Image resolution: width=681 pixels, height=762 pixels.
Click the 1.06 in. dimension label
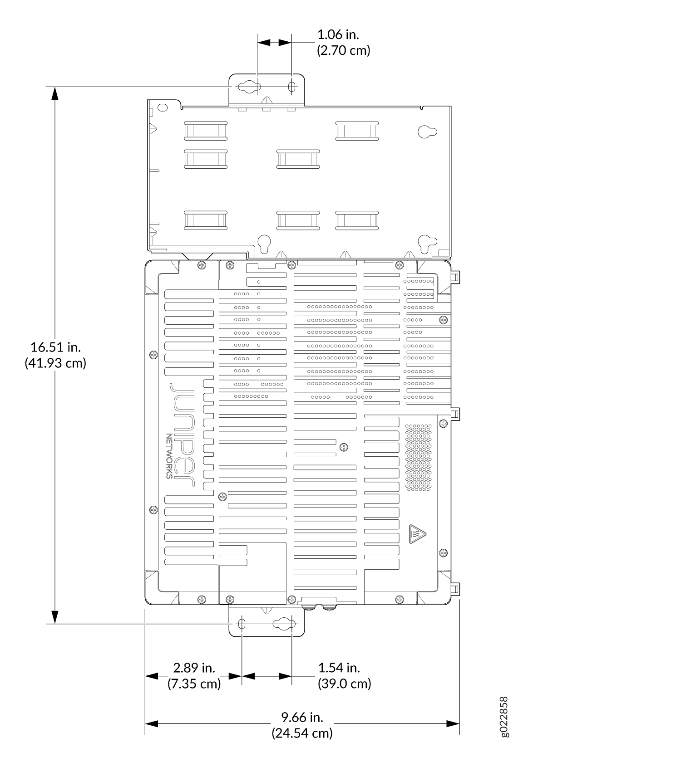pyautogui.click(x=338, y=34)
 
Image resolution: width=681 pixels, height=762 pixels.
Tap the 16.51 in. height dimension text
pyautogui.click(x=55, y=347)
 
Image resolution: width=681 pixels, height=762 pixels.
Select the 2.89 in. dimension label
pyautogui.click(x=194, y=668)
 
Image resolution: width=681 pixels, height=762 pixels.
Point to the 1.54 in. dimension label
pyautogui.click(x=339, y=668)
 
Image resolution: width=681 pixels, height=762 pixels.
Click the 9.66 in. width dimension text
pyautogui.click(x=302, y=717)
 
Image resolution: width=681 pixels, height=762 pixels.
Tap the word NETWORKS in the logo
pyautogui.click(x=169, y=456)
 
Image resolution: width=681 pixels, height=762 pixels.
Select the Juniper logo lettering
pyautogui.click(x=183, y=435)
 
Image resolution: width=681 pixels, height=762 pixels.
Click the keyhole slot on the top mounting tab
pyautogui.click(x=248, y=86)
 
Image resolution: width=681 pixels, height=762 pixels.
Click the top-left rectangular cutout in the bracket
pyautogui.click(x=206, y=131)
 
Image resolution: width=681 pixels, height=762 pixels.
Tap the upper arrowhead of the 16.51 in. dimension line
pyautogui.click(x=55, y=93)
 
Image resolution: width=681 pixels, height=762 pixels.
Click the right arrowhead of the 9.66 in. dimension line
pyautogui.click(x=453, y=724)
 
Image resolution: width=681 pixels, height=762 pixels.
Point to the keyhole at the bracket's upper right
pyautogui.click(x=427, y=132)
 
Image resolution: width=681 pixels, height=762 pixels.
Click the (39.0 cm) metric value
pyautogui.click(x=345, y=684)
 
